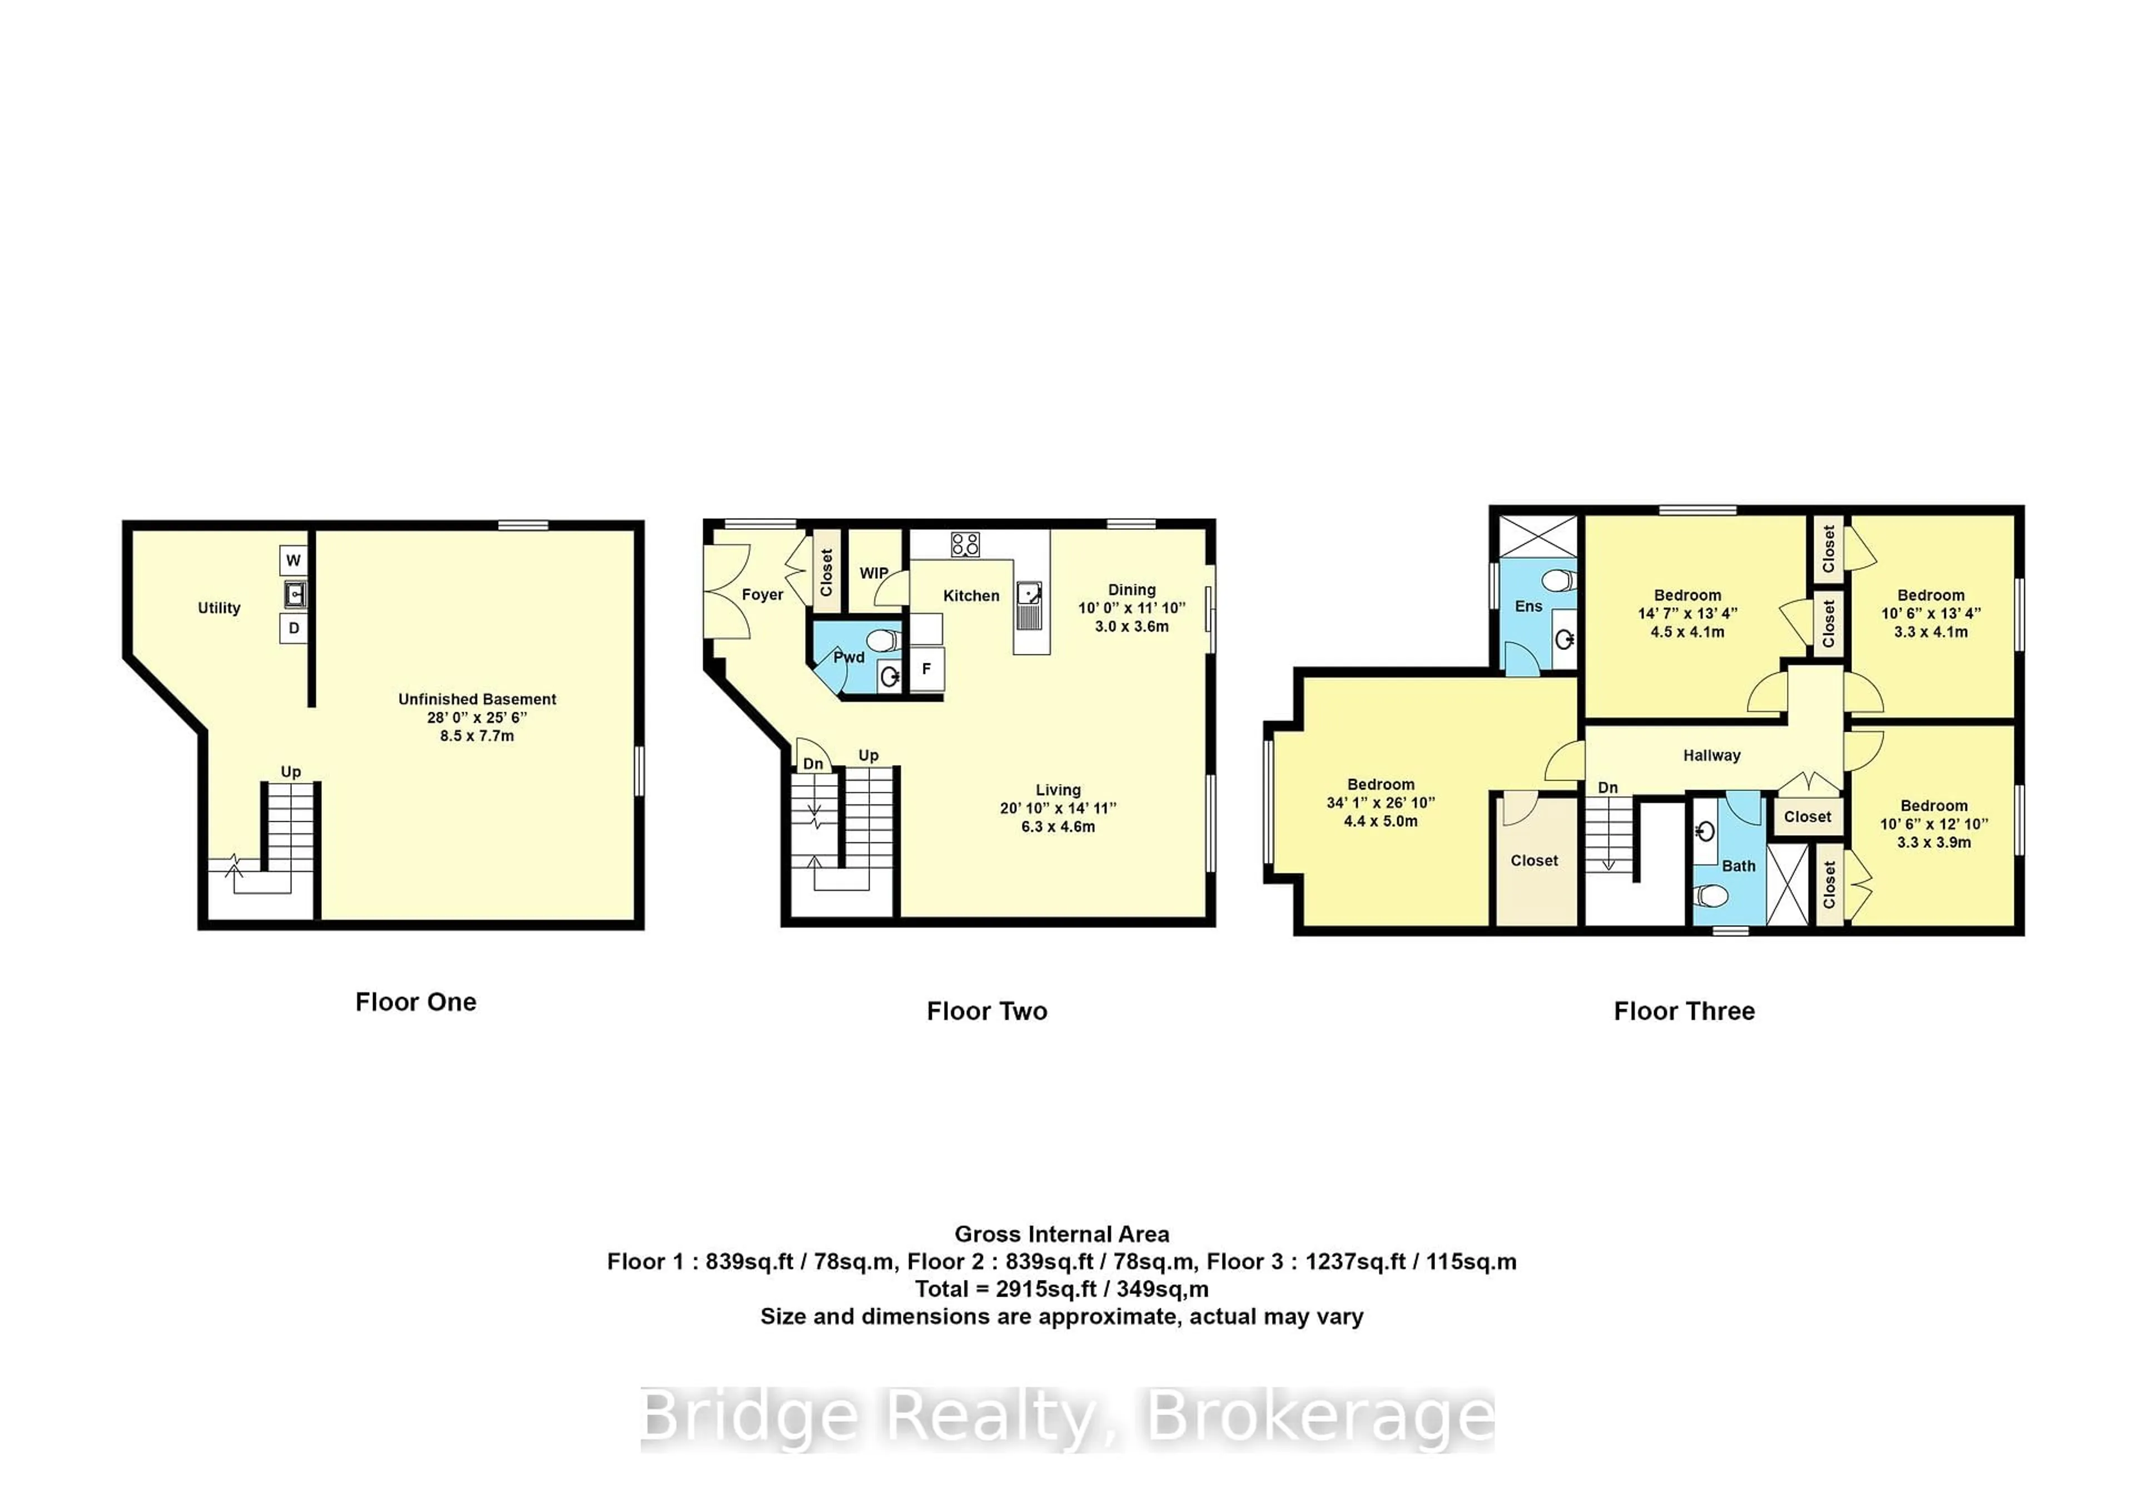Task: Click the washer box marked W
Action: point(294,560)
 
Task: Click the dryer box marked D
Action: point(294,628)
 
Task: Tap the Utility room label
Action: point(220,608)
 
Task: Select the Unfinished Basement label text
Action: point(477,699)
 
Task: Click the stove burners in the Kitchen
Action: point(965,544)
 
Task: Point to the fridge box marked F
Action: point(926,668)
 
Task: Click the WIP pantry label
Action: point(874,574)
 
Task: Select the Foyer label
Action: point(762,595)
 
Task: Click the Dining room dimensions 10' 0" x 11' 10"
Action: point(1131,608)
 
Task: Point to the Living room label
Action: point(1058,790)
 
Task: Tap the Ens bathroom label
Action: point(1529,606)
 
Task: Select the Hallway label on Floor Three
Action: point(1712,756)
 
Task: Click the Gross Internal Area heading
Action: point(1062,1235)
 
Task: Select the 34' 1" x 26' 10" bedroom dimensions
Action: point(1381,803)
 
